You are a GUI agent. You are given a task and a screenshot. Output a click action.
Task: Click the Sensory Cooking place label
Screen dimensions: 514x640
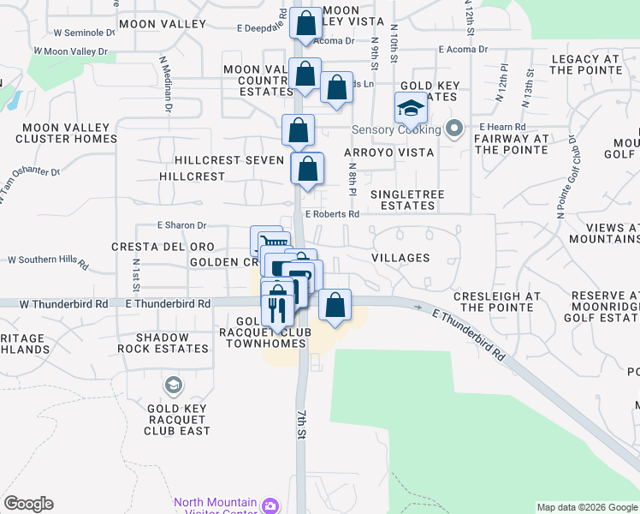397,130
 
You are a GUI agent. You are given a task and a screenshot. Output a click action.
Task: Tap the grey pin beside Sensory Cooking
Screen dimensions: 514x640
455,130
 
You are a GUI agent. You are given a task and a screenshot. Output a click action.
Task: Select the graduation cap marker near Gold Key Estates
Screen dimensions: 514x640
411,109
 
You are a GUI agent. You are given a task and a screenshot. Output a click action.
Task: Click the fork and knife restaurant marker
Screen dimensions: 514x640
276,309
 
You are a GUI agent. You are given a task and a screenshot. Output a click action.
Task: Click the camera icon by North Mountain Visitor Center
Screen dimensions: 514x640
270,506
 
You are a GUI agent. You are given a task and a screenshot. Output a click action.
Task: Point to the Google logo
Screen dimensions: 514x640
28,504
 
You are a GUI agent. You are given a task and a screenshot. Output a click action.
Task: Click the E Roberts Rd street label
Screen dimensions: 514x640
331,215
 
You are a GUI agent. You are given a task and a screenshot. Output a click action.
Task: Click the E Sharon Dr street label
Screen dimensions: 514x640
182,225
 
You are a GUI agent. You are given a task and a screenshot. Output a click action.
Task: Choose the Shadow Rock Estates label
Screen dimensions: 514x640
171,343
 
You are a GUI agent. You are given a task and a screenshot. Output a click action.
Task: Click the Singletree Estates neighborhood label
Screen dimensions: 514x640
407,200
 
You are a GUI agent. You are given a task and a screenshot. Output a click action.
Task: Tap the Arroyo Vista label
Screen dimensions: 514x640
389,152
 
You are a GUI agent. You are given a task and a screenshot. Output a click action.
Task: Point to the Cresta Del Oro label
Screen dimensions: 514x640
163,247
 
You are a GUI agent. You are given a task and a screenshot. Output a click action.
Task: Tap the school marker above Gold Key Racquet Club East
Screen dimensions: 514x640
175,385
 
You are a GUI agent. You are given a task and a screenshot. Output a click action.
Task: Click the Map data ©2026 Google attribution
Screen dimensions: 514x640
587,507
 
